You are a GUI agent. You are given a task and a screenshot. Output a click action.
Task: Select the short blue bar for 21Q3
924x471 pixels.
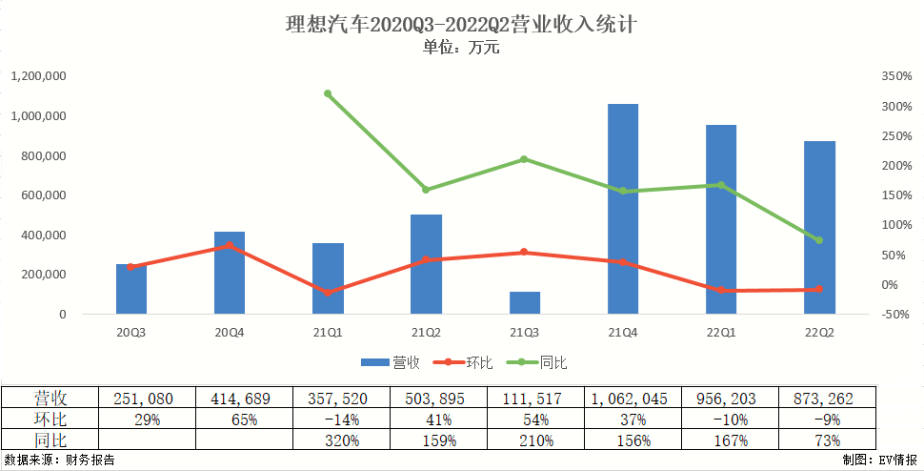525,302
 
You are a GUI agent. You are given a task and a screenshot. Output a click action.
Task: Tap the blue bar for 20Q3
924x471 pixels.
131,289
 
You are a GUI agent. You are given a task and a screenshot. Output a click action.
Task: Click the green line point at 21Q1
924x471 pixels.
328,93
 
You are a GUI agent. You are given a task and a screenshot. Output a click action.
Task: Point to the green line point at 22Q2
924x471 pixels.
819,240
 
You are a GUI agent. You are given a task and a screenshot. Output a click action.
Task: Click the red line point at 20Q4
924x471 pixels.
230,245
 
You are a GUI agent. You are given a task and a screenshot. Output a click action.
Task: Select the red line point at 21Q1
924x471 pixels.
328,293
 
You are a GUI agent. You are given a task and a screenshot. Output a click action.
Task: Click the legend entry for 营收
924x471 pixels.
392,362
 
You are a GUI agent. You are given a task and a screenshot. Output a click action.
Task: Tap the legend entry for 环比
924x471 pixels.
466,362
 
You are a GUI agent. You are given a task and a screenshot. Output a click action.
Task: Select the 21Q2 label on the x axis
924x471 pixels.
426,332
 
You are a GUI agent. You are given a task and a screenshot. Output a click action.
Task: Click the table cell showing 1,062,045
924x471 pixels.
623,399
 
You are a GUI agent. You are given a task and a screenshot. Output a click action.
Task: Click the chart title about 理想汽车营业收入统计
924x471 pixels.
461,24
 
